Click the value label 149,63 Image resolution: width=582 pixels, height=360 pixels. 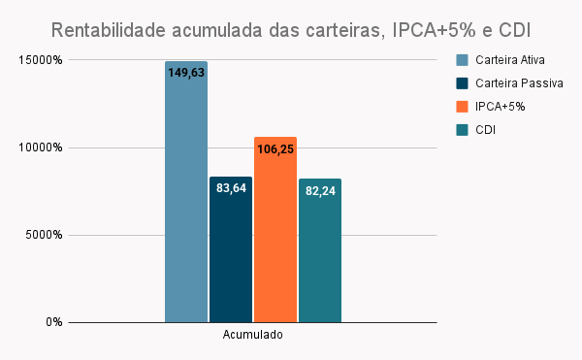186,73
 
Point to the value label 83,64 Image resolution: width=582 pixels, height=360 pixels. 231,188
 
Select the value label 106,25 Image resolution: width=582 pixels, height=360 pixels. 275,149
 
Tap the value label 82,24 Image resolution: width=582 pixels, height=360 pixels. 320,191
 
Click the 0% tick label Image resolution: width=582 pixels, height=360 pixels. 53,322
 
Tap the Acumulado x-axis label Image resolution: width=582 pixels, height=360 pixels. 253,337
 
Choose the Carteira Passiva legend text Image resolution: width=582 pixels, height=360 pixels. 519,83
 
